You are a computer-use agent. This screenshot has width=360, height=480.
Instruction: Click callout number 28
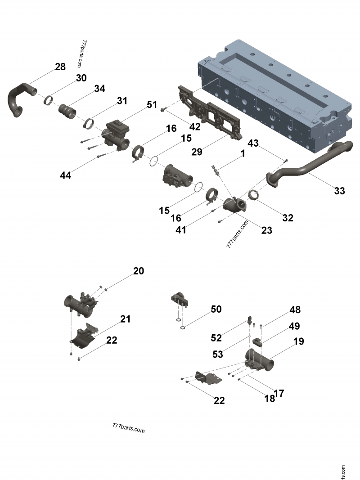coord(60,67)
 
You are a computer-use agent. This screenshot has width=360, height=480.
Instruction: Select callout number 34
coord(99,89)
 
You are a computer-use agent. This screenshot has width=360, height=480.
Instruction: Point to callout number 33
coord(339,191)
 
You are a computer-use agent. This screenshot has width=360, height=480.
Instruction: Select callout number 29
coord(197,152)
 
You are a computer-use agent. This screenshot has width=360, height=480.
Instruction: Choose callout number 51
coord(152,104)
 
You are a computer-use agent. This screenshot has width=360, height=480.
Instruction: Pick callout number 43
coord(253,143)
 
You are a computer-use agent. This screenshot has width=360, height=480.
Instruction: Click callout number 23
coord(267,230)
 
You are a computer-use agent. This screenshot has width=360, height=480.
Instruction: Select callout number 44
coord(66,175)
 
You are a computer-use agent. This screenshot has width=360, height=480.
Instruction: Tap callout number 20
coord(138,271)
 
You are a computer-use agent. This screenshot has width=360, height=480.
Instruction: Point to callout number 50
coord(216,309)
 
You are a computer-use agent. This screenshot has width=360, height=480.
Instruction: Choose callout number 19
coord(298,341)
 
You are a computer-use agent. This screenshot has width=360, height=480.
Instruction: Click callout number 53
coord(217,354)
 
